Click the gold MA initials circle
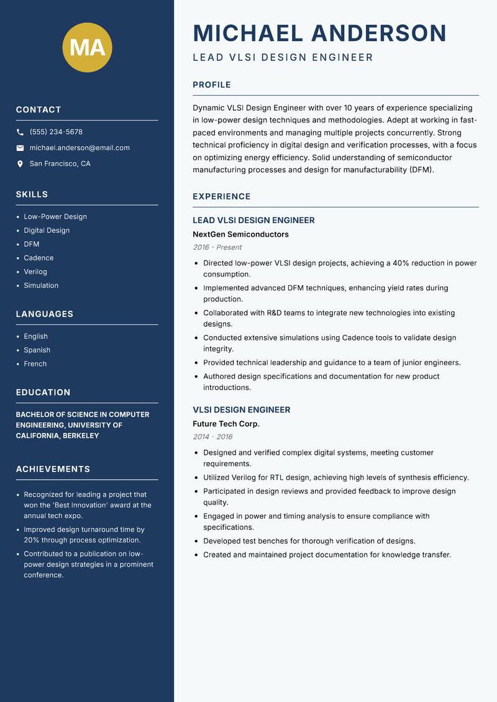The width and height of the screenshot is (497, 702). click(88, 47)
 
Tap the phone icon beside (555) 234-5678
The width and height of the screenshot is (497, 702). click(21, 132)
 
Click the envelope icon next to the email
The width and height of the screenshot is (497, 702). click(21, 148)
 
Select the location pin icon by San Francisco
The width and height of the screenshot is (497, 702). click(21, 164)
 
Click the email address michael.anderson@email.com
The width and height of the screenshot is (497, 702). click(80, 148)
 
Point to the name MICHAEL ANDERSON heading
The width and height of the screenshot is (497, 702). click(319, 33)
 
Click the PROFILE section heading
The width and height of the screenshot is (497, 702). click(212, 85)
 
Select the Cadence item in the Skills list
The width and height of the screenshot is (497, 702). click(39, 258)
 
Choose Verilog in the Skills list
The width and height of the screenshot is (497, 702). click(35, 271)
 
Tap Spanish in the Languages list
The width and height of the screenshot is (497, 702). click(37, 350)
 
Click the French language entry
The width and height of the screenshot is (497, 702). click(35, 363)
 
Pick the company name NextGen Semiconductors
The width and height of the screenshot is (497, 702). click(240, 234)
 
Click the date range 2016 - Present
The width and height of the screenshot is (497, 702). click(217, 247)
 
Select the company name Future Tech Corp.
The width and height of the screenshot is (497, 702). click(226, 424)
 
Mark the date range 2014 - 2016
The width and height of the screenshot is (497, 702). click(212, 437)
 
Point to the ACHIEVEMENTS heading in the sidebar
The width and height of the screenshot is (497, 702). click(53, 469)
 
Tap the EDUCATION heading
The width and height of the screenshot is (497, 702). click(43, 392)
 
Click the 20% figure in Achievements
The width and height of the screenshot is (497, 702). click(32, 540)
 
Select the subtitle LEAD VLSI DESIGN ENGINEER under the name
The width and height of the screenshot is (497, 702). click(283, 58)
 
